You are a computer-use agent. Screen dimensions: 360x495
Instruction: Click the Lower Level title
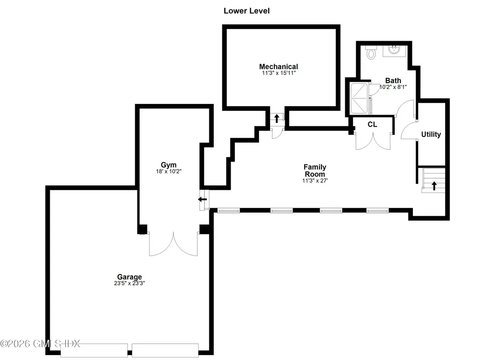[x=246, y=11]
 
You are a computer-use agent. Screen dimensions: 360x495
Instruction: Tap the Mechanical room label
[x=278, y=67]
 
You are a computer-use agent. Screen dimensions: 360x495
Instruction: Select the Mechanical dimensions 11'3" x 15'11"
[x=278, y=73]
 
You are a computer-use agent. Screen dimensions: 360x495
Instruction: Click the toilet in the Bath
[x=371, y=53]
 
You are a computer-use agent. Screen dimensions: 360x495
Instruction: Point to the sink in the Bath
[x=394, y=50]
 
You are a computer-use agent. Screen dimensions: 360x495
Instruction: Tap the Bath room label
[x=393, y=81]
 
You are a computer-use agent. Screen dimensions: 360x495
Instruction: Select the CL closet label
[x=372, y=124]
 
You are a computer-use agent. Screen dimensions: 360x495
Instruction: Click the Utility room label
[x=431, y=135]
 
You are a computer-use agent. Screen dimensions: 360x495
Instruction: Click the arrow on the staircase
[x=434, y=184]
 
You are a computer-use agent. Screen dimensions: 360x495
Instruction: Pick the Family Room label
[x=314, y=170]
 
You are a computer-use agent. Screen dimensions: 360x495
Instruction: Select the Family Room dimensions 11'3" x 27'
[x=314, y=180]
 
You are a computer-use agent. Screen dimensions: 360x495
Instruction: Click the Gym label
[x=168, y=165]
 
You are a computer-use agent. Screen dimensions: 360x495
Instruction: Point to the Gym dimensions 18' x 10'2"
[x=168, y=171]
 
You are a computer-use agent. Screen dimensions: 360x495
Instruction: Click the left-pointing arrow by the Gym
[x=203, y=199]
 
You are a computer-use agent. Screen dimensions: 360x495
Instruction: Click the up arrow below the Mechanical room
[x=277, y=118]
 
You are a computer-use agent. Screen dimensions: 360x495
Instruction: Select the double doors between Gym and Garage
[x=173, y=243]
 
